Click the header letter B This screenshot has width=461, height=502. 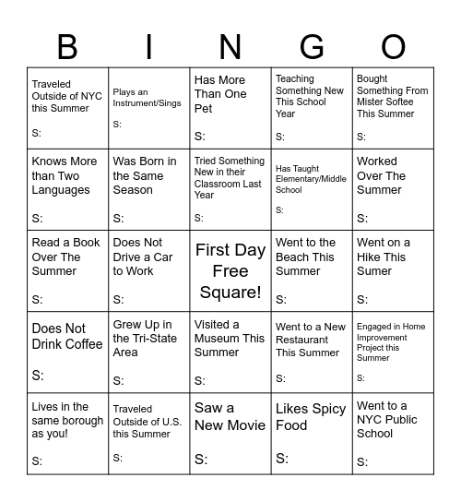pyautogui.click(x=68, y=46)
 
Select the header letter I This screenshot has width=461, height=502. pyautogui.click(x=149, y=46)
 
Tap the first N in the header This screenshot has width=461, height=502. pyautogui.click(x=230, y=46)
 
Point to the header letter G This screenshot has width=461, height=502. pyautogui.click(x=312, y=46)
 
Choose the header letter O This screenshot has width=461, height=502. pyautogui.click(x=393, y=46)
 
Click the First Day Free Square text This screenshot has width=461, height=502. pyautogui.click(x=230, y=271)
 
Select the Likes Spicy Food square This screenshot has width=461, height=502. pyautogui.click(x=312, y=434)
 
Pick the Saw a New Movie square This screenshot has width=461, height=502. pyautogui.click(x=230, y=434)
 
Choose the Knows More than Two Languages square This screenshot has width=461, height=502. pyautogui.click(x=68, y=190)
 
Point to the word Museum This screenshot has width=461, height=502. pyautogui.click(x=219, y=339)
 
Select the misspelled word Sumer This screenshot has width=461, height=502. pyautogui.click(x=374, y=271)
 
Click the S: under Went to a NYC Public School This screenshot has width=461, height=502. pyautogui.click(x=362, y=462)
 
